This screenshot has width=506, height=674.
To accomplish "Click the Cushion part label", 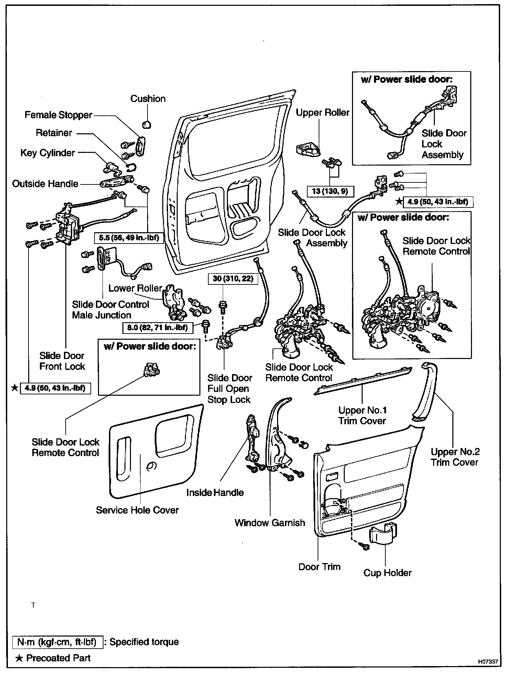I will coord(148,99).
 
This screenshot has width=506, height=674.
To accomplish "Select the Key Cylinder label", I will coord(48,153).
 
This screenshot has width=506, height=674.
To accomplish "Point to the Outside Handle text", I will coord(45,184).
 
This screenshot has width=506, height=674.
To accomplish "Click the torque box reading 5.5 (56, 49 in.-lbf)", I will coord(129,237).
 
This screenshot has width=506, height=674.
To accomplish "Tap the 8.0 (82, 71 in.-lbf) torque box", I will coord(157,327).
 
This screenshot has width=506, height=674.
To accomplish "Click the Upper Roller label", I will coord(322,113).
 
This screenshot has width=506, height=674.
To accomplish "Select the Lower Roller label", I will coord(135,288).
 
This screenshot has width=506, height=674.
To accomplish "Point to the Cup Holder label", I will coord(387,573).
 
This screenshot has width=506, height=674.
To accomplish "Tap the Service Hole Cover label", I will coord(137,510).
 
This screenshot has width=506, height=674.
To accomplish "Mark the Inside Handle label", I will coord(215,493).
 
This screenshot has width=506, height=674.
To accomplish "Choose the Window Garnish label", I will coord(270,523).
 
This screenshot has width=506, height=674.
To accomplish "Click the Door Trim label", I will coord(319,567).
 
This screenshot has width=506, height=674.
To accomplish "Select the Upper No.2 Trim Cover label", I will coord(455,457).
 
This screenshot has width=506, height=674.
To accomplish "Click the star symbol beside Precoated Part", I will coord(20,658).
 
